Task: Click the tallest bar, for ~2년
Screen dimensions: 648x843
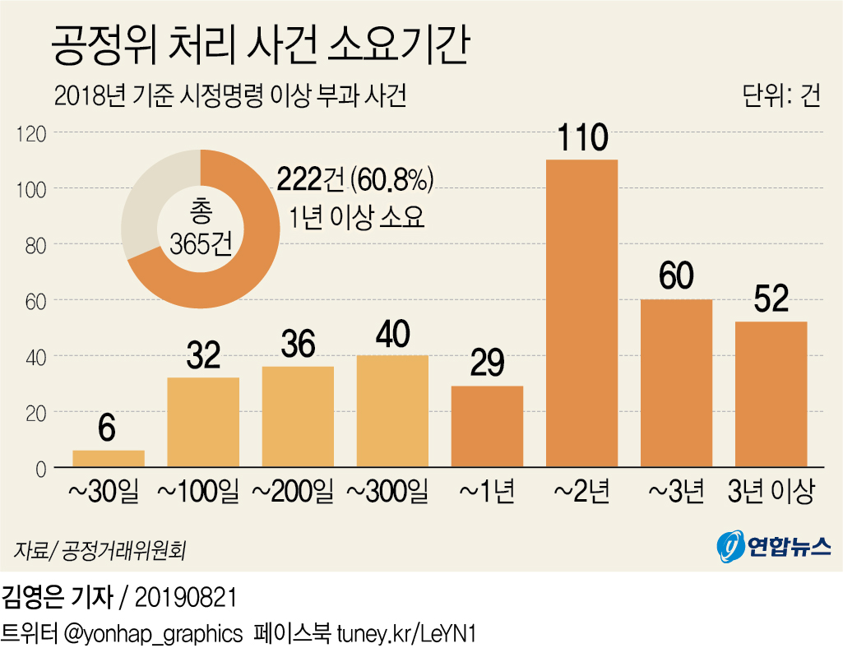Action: [581, 312]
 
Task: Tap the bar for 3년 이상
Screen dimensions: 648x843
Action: [771, 394]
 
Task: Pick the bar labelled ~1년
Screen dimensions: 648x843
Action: [487, 426]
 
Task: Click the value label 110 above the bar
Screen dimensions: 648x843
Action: [581, 138]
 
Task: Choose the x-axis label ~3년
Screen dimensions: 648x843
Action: [676, 492]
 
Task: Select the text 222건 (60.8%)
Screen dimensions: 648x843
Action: [354, 179]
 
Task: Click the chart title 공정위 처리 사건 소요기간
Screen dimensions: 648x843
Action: [261, 46]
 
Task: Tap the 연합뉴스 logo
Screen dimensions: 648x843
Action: [773, 546]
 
